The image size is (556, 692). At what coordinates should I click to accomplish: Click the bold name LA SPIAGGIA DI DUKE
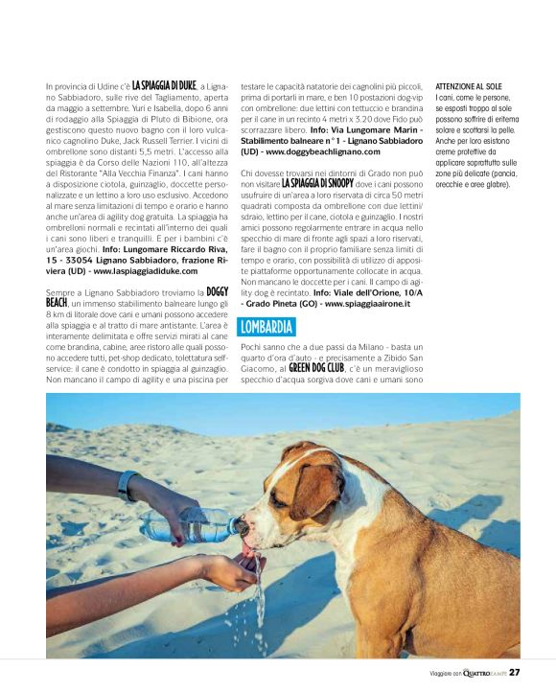click(164, 85)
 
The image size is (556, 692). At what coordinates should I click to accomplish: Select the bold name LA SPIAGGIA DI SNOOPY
click(317, 182)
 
